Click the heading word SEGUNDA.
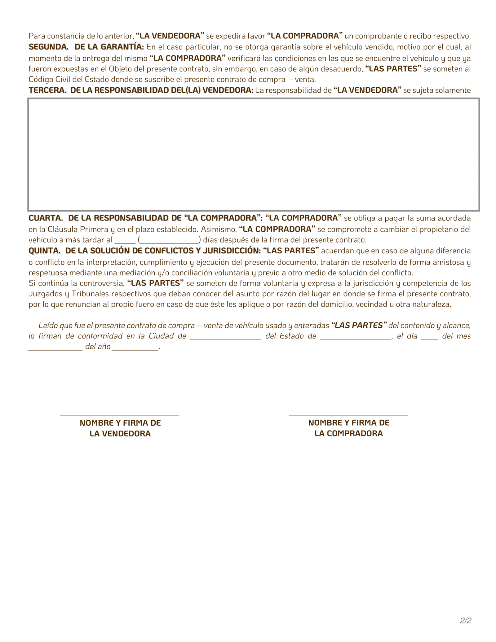(48, 47)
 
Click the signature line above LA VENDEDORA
(120, 415)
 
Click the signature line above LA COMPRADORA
(348, 415)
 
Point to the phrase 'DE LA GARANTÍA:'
(109, 47)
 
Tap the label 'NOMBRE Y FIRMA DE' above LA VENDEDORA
(120, 423)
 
